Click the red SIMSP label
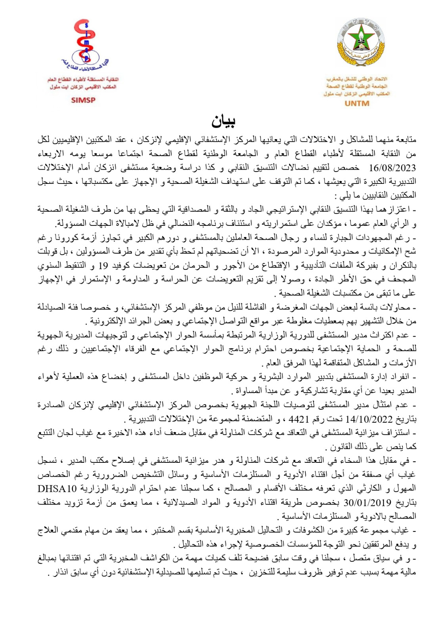point(83,100)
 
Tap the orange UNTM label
point(357,103)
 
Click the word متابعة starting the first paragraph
point(404,139)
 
